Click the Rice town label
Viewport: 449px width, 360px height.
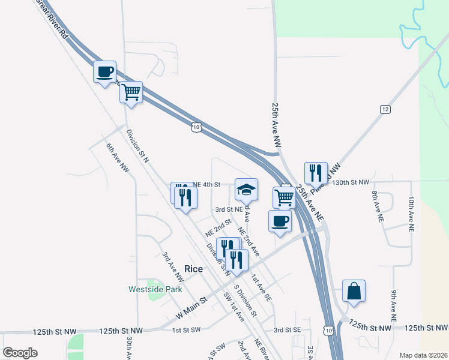[193, 269]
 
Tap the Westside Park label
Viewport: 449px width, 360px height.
[155, 289]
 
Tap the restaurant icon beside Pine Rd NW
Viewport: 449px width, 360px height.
[316, 173]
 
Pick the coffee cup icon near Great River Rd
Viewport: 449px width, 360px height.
[104, 72]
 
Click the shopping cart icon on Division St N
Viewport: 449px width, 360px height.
[130, 93]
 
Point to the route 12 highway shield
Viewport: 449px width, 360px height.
[385, 109]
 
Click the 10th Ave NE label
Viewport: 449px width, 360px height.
[412, 214]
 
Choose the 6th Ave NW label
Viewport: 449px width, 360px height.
[118, 159]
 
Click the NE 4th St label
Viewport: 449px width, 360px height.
[207, 184]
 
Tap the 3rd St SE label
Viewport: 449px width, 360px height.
[287, 330]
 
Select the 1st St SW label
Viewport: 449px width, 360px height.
[185, 331]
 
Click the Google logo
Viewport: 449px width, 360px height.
[20, 352]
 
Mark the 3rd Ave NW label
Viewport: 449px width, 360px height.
[172, 267]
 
